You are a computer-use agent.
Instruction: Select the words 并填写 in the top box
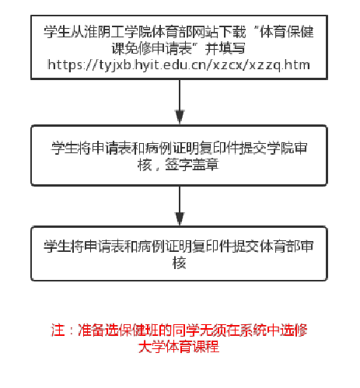(225, 48)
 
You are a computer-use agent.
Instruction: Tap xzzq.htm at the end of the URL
(279, 65)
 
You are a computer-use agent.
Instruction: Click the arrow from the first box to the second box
(180, 102)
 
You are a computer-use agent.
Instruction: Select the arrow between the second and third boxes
(180, 206)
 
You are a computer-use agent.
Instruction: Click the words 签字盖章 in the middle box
(192, 165)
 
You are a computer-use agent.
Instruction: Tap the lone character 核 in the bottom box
(180, 263)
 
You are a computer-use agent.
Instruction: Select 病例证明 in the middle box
(173, 149)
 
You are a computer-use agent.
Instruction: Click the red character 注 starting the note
(58, 330)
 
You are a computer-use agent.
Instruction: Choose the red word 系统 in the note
(253, 330)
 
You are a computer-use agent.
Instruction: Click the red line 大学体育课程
(179, 347)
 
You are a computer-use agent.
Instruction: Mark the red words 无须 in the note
(213, 330)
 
